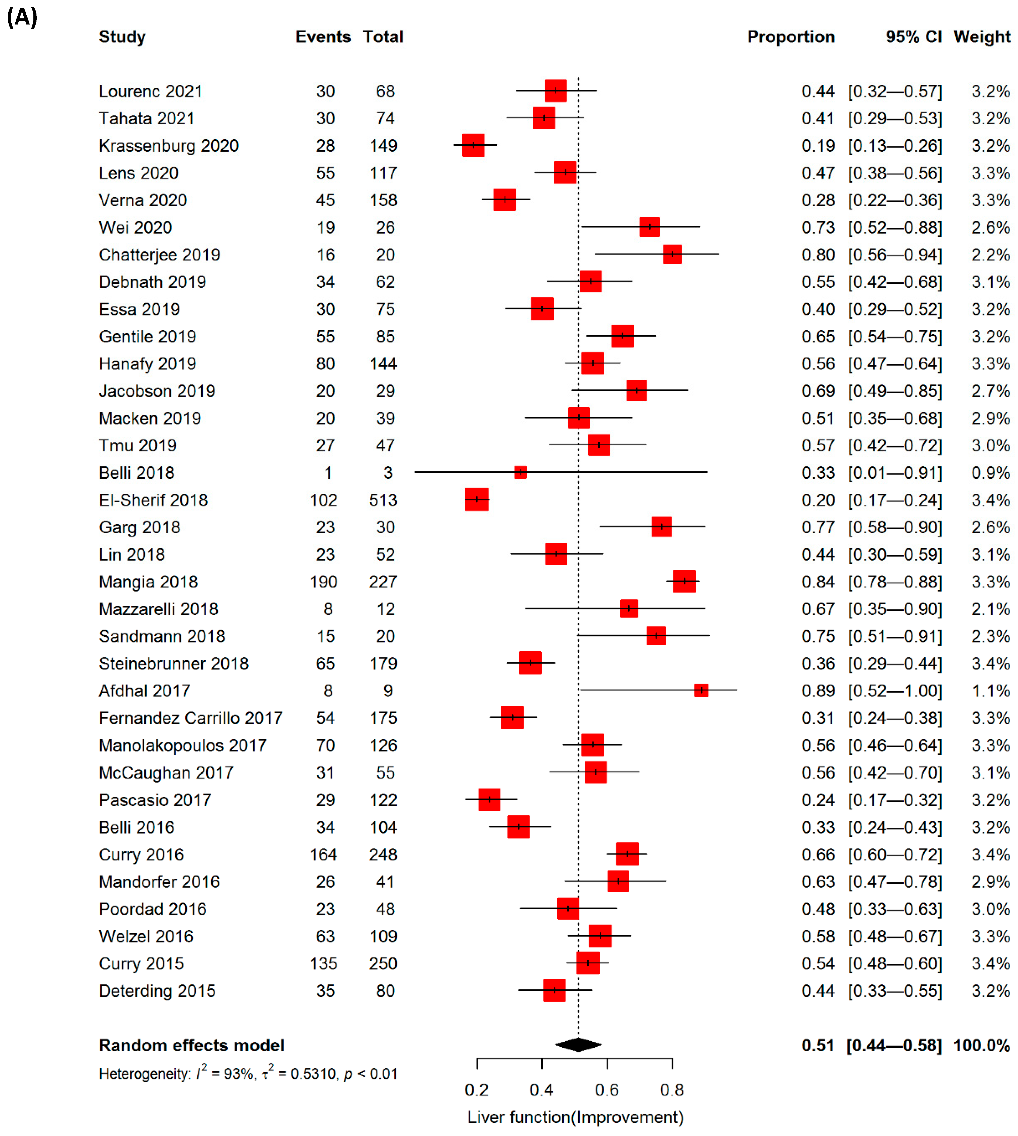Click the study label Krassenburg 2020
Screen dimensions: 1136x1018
pos(168,146)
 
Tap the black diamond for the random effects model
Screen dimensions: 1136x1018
pos(578,1044)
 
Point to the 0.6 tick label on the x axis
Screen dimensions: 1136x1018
pos(607,1090)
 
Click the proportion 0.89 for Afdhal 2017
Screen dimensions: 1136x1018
pos(818,691)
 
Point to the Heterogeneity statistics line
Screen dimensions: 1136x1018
pos(248,1073)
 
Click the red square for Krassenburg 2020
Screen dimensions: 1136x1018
pos(473,145)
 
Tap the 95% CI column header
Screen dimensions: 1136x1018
pos(914,37)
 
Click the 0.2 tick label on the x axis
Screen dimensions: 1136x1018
pos(477,1090)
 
